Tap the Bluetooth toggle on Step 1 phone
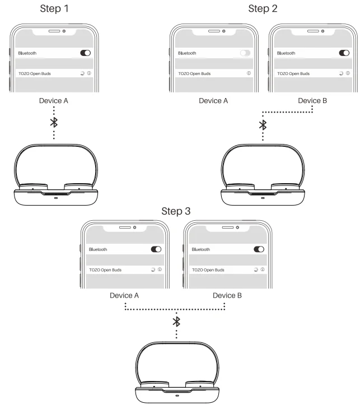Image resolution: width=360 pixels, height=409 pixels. tap(86, 53)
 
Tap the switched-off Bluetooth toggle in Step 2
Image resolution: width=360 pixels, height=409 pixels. tap(245, 53)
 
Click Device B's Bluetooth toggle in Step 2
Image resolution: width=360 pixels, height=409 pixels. tap(344, 53)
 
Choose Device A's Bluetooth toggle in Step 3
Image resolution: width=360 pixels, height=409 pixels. tap(156, 249)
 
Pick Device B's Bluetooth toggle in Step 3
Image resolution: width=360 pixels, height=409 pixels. tap(259, 249)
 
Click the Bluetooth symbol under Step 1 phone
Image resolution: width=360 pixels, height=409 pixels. tap(54, 122)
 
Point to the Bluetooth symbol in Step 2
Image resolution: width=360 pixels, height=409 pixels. tap(263, 125)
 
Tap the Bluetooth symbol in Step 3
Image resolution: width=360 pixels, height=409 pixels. tap(177, 321)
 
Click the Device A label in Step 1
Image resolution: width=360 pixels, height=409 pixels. tap(54, 101)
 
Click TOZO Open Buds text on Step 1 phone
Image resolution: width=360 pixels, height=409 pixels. tap(35, 73)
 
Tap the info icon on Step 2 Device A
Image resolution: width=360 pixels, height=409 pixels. tap(248, 73)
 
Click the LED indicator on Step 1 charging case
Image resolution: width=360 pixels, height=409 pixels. tap(56, 197)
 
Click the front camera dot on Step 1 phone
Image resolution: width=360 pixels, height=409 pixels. tap(65, 30)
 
